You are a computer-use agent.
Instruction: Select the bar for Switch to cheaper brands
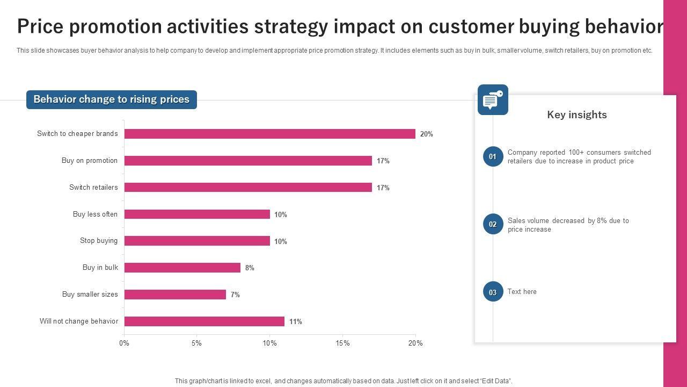tap(269, 134)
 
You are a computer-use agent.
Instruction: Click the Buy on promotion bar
tap(248, 161)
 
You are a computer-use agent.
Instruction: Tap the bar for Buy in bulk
tap(182, 268)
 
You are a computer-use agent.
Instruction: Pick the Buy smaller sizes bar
tap(175, 295)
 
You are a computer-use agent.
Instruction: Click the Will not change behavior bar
tap(204, 321)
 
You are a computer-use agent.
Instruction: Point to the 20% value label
tap(427, 134)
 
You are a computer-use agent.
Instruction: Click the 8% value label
tap(250, 268)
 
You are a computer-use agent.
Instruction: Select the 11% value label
tap(296, 321)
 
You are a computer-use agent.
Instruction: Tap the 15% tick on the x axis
tap(342, 343)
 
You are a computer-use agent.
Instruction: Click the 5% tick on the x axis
tap(197, 343)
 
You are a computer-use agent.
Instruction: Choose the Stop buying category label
tap(99, 241)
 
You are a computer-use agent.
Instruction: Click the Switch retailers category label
tap(93, 187)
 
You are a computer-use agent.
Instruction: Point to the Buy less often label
tap(95, 214)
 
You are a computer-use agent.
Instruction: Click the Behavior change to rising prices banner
tap(112, 99)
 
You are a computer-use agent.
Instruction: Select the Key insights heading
tap(577, 114)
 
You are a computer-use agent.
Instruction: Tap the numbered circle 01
tap(493, 156)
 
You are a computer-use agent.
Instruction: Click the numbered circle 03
tap(493, 292)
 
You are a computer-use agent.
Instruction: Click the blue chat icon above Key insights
tap(493, 100)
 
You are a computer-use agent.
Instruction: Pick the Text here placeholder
tap(522, 292)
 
